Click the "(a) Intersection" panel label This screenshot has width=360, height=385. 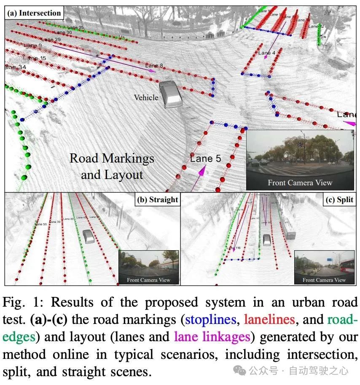(34, 13)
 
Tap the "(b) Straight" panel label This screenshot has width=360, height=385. (157, 200)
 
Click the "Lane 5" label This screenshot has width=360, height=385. (205, 158)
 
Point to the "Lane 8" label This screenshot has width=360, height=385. (154, 66)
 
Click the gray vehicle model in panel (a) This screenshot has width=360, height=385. (171, 95)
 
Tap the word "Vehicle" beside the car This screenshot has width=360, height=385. (146, 97)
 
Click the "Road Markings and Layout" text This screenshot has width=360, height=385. (112, 166)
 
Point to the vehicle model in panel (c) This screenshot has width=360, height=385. (267, 240)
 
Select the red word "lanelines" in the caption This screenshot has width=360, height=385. (269, 319)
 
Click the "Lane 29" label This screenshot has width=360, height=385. (51, 39)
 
